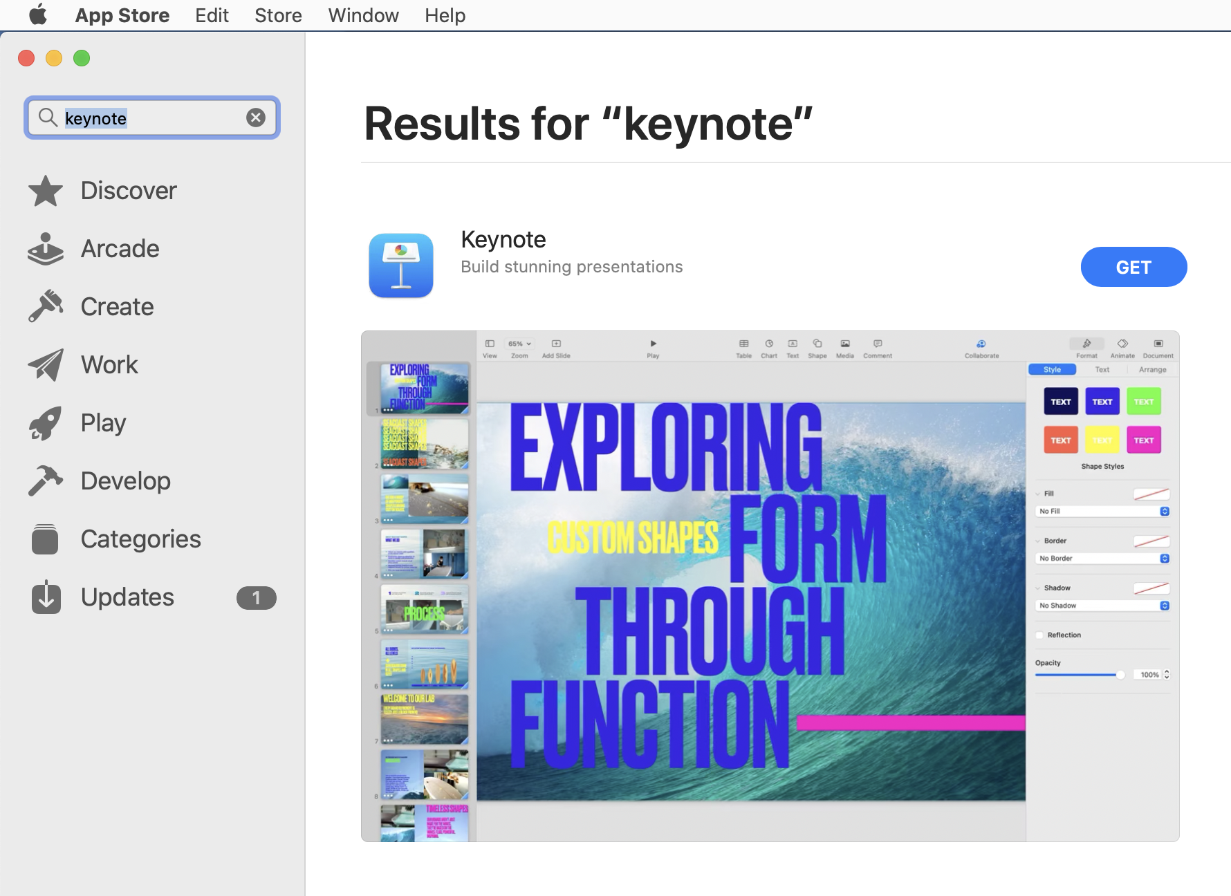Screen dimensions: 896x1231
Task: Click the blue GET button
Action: [1133, 267]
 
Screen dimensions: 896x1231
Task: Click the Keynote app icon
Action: [401, 265]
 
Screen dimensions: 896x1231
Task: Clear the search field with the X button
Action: [256, 118]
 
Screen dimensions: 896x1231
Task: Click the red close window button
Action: [26, 58]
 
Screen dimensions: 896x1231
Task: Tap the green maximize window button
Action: [82, 58]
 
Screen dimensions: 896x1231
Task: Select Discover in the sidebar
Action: [129, 191]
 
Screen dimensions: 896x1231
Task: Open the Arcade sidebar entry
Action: [120, 249]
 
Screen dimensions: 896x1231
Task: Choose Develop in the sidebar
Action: [125, 481]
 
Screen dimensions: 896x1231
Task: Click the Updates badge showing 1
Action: [256, 598]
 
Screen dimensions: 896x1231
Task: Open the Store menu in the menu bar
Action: [278, 15]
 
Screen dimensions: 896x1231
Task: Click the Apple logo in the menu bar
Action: [38, 15]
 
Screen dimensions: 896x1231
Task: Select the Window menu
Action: [363, 15]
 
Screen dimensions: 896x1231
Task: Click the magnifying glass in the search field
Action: [48, 118]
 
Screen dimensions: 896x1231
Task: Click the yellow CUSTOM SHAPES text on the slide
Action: [633, 538]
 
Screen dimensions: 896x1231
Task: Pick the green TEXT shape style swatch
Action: [1143, 402]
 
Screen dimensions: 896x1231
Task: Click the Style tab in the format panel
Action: [1052, 370]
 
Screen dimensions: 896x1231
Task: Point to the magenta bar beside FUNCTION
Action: [910, 723]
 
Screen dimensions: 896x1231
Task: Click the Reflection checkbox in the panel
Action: [1039, 635]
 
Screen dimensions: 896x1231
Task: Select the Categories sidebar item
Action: [140, 539]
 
